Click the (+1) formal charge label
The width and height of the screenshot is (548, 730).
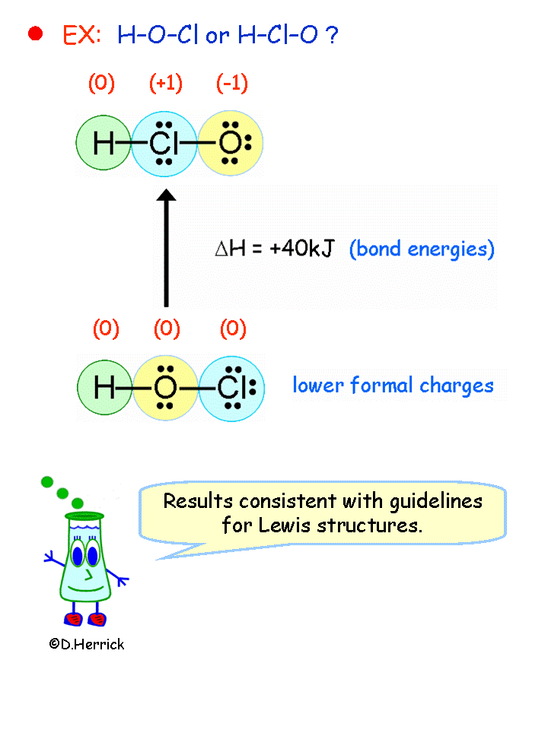(165, 83)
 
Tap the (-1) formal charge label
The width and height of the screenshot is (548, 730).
(231, 83)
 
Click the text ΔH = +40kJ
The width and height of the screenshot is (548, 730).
(274, 249)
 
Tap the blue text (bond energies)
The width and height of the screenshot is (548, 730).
(422, 249)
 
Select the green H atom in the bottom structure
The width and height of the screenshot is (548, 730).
(105, 388)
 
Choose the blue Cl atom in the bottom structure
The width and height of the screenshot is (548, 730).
(231, 388)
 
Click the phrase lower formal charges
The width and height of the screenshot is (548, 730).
(393, 386)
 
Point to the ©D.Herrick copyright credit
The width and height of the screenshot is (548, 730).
(86, 644)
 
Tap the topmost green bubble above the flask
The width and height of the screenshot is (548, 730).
(47, 481)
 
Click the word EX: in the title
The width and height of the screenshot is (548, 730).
(81, 35)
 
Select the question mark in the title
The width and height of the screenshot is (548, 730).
(332, 35)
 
